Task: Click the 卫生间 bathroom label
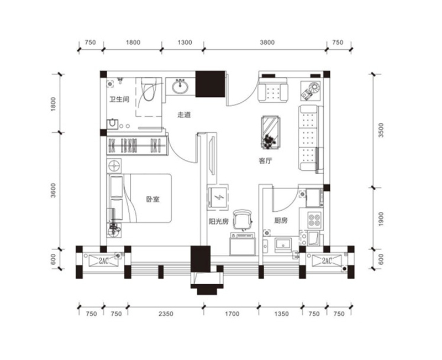(119, 100)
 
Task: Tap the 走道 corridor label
(184, 115)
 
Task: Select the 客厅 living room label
(266, 161)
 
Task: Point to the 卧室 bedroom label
(153, 199)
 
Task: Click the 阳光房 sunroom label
(218, 221)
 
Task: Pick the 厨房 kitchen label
(281, 220)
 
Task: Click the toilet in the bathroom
(148, 89)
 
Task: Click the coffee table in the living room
(271, 132)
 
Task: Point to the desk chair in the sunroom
(243, 220)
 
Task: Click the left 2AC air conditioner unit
(103, 260)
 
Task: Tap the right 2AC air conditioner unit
(327, 260)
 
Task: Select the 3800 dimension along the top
(267, 43)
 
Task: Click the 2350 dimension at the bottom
(166, 314)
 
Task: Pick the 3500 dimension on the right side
(381, 130)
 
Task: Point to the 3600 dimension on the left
(53, 190)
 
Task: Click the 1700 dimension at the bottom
(232, 314)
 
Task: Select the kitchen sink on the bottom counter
(283, 244)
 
